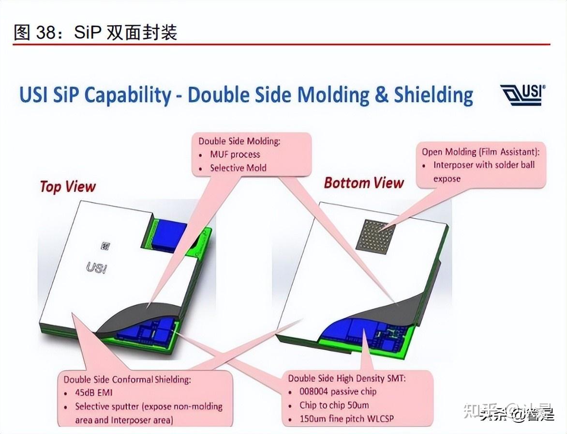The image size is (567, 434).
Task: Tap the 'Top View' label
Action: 68,186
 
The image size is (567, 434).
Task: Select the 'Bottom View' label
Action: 363,183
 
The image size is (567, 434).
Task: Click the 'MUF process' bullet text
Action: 235,155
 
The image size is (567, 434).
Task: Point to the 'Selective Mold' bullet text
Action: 238,168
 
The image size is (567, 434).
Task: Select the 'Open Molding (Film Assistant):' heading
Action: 480,152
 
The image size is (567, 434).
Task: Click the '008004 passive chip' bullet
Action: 338,391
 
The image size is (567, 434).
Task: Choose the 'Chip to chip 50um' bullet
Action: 335,405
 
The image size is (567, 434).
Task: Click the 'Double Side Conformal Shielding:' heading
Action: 127,379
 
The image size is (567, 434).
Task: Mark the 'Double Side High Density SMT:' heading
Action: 347,378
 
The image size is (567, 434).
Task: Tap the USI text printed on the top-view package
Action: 97,267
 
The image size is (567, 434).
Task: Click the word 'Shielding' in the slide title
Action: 433,95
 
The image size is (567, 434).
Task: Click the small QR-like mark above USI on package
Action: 104,247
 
